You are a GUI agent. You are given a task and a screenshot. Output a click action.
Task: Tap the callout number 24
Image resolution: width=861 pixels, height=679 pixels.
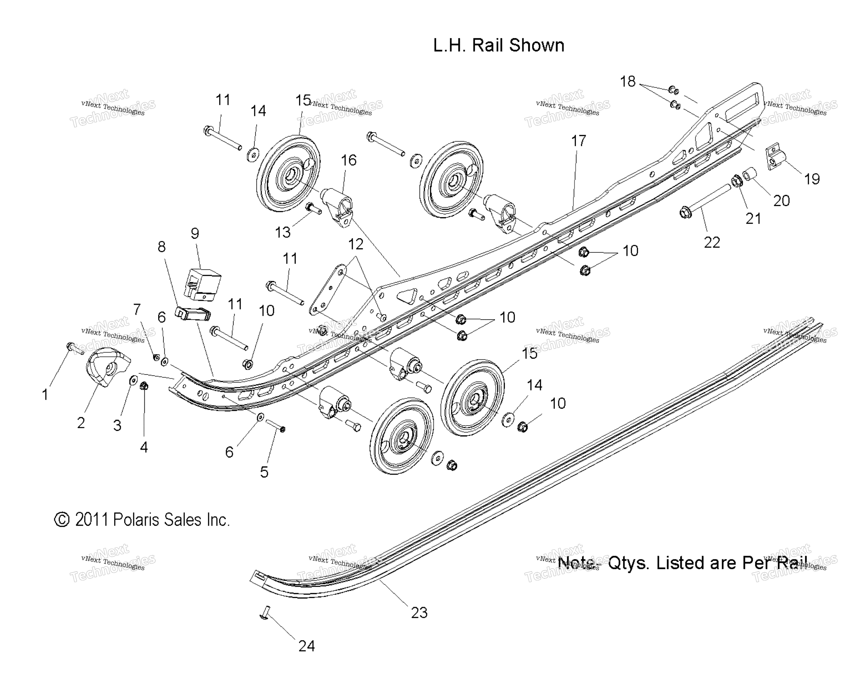306,646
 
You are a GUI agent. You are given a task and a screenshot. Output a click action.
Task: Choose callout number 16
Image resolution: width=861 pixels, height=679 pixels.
348,160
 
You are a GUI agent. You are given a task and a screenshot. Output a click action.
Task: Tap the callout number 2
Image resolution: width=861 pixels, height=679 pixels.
81,423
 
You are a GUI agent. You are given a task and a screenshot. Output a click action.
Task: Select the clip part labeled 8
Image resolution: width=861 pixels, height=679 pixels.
193,314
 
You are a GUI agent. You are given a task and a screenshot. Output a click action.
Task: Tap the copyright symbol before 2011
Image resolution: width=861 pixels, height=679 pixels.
62,520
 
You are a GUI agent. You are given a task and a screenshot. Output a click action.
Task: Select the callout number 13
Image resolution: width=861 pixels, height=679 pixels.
283,232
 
